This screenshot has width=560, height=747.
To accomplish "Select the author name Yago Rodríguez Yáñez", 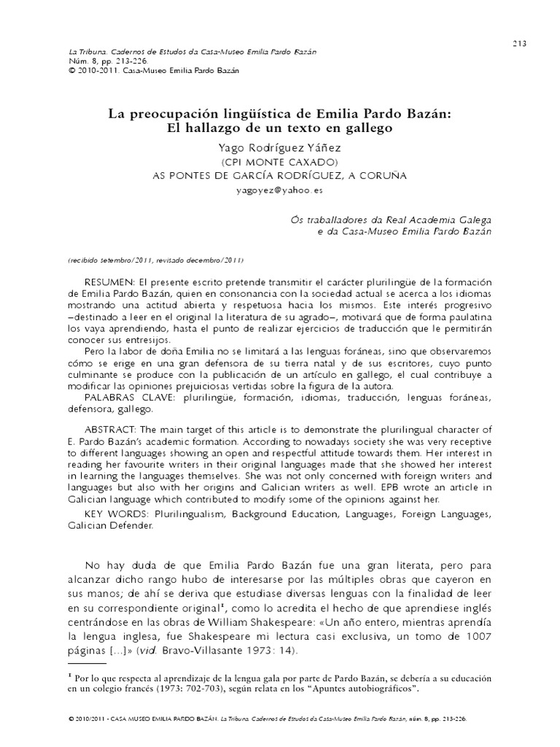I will click(x=279, y=147).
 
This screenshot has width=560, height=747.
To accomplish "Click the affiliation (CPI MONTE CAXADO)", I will click(x=279, y=161).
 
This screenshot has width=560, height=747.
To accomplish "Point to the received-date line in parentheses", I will click(x=155, y=260).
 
